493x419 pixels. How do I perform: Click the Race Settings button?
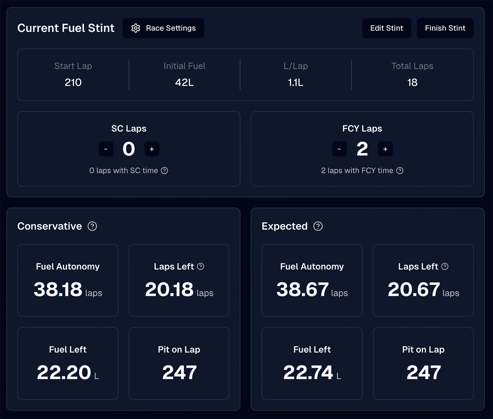163,28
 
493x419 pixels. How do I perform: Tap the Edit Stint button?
386,28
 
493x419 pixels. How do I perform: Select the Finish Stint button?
445,28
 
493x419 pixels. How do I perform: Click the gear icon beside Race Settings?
136,28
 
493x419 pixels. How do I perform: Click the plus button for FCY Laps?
385,149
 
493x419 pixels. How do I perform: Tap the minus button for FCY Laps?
339,149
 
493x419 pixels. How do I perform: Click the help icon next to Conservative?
92,226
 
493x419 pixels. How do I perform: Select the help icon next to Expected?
318,226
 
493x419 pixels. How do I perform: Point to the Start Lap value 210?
73,82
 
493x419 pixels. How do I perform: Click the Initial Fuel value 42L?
184,82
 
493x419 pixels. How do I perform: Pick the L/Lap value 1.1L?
295,82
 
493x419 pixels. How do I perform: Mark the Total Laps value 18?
412,82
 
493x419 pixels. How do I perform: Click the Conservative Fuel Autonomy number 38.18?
58,289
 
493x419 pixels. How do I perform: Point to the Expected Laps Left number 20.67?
414,289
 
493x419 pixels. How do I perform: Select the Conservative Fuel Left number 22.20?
64,373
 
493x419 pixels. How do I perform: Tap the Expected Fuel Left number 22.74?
308,373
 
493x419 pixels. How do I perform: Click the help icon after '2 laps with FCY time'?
400,171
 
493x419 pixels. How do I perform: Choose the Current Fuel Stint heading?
66,28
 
